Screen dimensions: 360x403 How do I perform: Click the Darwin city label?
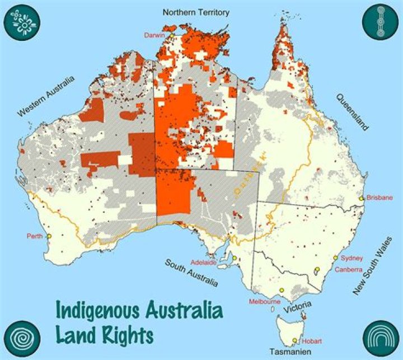point(154,35)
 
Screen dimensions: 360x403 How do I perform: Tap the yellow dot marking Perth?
point(49,236)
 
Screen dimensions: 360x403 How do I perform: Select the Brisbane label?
point(380,198)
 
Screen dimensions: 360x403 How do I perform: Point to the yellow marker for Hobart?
point(294,340)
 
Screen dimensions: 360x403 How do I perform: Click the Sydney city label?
point(352,258)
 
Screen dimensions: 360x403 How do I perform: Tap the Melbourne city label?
point(265,302)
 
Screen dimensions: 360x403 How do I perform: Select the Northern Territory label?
point(196,12)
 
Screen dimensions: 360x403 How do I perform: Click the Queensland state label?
point(352,112)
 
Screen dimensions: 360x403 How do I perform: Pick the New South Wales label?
point(373,266)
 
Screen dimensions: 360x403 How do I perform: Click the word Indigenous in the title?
point(102,311)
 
